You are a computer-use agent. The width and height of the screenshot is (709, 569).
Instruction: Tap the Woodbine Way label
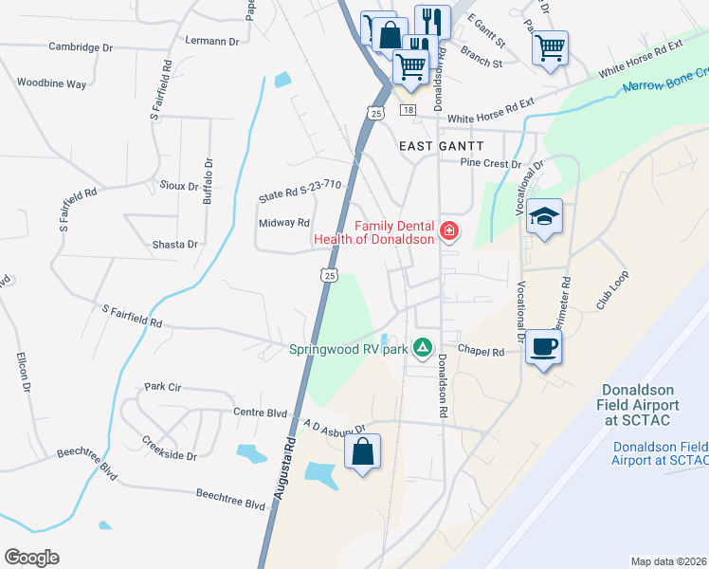(51, 83)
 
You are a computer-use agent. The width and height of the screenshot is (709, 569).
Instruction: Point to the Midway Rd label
(284, 223)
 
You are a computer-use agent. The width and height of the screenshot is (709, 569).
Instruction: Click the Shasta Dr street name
(174, 244)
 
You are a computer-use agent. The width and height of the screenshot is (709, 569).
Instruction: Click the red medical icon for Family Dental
(448, 229)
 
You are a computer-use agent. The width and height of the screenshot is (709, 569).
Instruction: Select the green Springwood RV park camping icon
(422, 349)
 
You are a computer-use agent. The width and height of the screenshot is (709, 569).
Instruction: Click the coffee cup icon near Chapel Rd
(544, 346)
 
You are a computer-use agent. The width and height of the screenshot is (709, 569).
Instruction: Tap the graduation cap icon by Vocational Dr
(545, 216)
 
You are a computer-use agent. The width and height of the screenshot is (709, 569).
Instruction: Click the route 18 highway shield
(408, 111)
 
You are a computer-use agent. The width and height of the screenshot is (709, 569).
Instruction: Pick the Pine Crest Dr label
(491, 163)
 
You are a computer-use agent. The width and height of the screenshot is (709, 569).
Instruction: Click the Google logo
(31, 558)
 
